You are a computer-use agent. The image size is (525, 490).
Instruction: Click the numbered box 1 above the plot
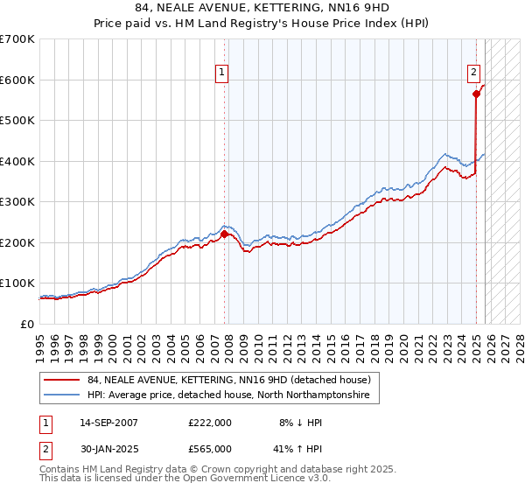[224, 73]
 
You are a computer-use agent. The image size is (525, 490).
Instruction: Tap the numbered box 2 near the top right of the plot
[473, 73]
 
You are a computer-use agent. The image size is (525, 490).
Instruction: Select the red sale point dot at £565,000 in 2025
[477, 94]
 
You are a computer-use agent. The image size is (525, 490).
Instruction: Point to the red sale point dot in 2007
[225, 234]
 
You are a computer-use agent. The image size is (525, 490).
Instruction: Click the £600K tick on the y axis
[17, 80]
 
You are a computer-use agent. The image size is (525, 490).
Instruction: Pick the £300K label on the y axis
[17, 201]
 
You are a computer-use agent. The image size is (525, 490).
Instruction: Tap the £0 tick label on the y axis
[27, 324]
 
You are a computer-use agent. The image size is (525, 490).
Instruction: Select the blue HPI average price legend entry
[227, 395]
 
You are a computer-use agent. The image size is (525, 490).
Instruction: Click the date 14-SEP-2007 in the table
[108, 422]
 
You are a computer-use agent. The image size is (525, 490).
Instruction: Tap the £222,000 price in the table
[209, 422]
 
